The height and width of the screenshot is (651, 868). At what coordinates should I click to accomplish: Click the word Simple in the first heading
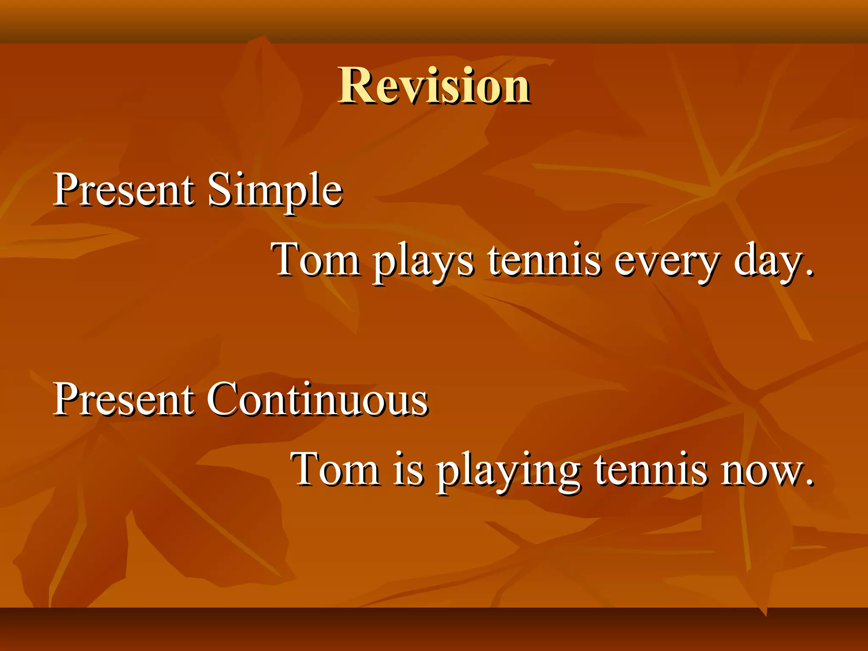click(275, 191)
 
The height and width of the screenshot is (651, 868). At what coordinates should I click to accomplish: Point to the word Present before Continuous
click(124, 399)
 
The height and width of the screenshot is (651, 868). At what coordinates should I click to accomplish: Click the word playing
click(509, 470)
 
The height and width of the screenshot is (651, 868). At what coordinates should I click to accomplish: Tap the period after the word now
click(810, 482)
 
